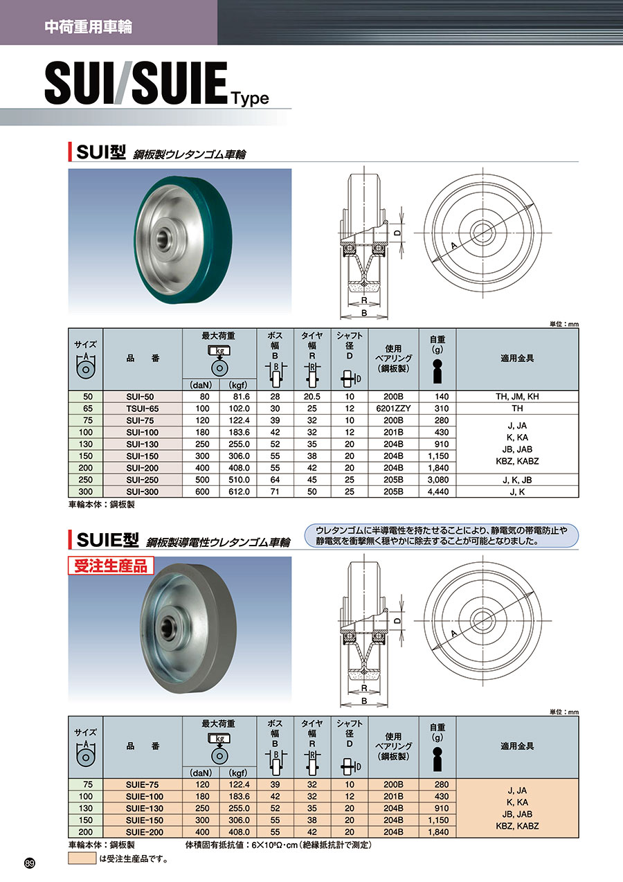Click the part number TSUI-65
click(142, 408)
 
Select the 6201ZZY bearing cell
click(393, 408)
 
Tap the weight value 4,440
click(438, 492)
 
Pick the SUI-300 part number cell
click(142, 492)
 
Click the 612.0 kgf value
click(239, 492)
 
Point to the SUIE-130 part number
click(145, 809)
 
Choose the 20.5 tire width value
click(312, 397)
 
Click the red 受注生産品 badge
click(111, 566)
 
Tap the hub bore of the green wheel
click(162, 237)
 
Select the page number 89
click(30, 863)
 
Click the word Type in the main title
click(250, 98)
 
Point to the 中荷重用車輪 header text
click(88, 27)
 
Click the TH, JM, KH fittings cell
click(517, 397)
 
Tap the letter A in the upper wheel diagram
click(453, 246)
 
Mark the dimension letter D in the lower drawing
click(398, 620)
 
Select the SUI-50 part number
click(140, 397)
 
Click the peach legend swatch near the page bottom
click(82, 858)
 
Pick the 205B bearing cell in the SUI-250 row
click(393, 480)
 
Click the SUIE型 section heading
click(107, 540)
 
